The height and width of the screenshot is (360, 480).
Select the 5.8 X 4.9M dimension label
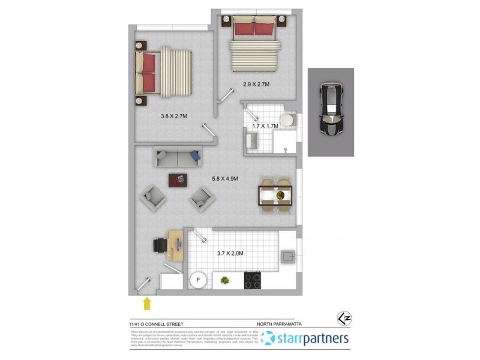pyautogui.click(x=226, y=178)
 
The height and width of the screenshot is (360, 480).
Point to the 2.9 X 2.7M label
pyautogui.click(x=256, y=85)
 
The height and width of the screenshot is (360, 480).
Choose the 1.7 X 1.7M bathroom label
pyautogui.click(x=265, y=127)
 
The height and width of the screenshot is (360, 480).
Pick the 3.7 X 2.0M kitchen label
pyautogui.click(x=230, y=254)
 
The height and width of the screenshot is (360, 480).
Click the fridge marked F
pyautogui.click(x=197, y=280)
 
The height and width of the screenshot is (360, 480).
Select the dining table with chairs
pyautogui.click(x=275, y=196)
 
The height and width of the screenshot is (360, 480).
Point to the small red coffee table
pyautogui.click(x=178, y=179)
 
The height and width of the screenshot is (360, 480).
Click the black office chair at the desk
pyautogui.click(x=160, y=246)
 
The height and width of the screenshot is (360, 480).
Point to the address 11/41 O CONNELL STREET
pyautogui.click(x=158, y=325)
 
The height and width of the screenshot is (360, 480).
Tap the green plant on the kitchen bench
pyautogui.click(x=225, y=280)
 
